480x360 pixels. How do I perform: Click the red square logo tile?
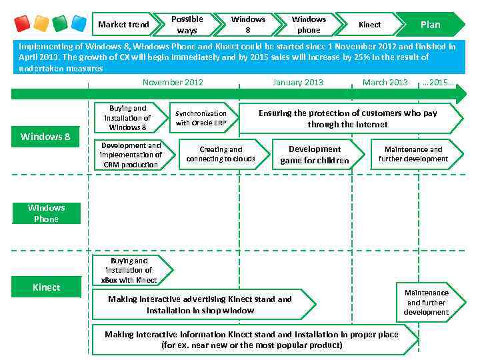[x=22, y=24]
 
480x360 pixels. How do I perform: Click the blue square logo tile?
[x=79, y=24]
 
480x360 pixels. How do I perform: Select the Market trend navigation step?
[x=124, y=25]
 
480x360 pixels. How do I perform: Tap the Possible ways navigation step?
[x=187, y=25]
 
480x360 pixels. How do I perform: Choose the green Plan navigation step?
[x=430, y=25]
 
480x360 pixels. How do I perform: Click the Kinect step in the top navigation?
[x=369, y=25]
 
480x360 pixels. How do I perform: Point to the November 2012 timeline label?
[x=173, y=83]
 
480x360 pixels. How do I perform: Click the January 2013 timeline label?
[x=297, y=83]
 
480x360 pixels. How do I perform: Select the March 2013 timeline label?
[x=385, y=83]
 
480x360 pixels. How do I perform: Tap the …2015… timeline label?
[x=438, y=83]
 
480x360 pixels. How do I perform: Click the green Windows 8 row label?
[x=45, y=137]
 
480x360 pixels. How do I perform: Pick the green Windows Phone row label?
[x=46, y=213]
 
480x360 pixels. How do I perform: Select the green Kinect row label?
[x=46, y=287]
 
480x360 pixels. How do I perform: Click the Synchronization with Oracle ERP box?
[x=201, y=118]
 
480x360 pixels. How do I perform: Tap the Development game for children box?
[x=315, y=155]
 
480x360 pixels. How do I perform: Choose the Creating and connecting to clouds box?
[x=221, y=155]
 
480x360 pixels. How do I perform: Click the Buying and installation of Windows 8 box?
[x=129, y=117]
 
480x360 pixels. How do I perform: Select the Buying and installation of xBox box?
[x=130, y=271]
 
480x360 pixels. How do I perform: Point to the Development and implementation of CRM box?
[x=131, y=155]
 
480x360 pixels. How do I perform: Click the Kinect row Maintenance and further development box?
[x=427, y=303]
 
